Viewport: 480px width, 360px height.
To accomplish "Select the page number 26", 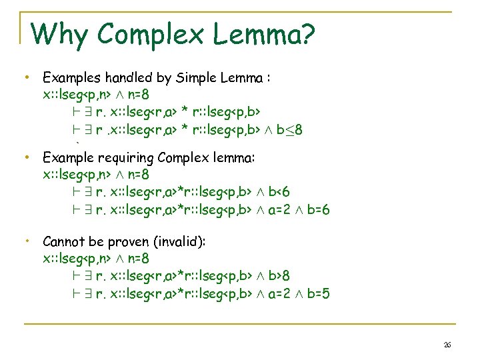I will click(447, 345).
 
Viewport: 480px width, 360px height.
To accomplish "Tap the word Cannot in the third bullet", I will click(64, 241).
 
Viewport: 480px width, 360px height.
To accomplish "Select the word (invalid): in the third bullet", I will click(179, 241).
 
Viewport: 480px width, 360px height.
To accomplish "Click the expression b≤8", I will click(290, 129).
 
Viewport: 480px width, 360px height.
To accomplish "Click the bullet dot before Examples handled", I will click(25, 78).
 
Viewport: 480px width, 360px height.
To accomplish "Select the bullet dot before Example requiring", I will click(25, 158).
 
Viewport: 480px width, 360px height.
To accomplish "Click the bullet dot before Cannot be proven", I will click(25, 239).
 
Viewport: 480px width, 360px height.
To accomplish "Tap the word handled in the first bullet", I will click(122, 78).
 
